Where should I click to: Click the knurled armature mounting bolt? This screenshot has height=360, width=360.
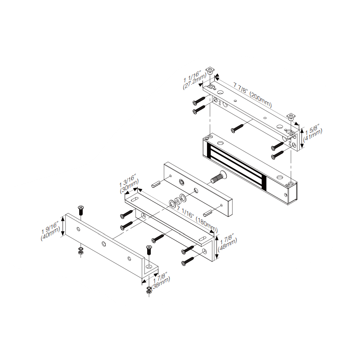coord(219,177)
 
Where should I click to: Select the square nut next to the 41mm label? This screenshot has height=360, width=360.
coord(291,117)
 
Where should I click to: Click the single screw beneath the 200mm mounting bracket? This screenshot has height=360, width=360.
coord(237,128)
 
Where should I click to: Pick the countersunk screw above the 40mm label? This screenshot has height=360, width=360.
coord(81,209)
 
